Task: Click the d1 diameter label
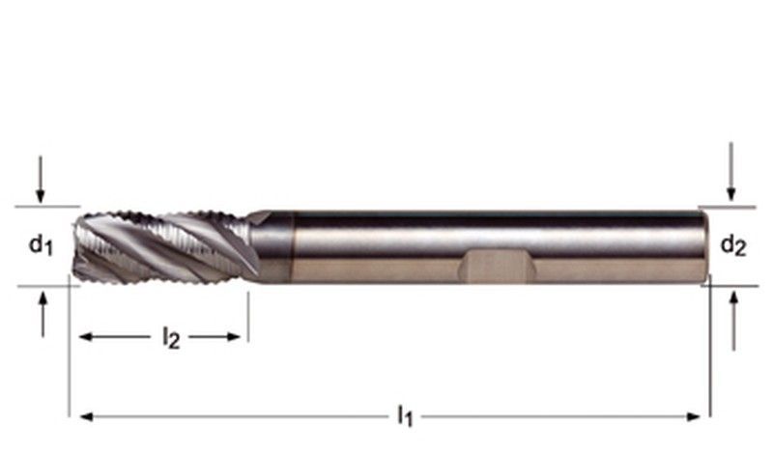click(41, 244)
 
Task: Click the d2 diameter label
click(733, 244)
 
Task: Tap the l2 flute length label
click(171, 339)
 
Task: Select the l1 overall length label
click(405, 416)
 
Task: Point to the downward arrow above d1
click(41, 180)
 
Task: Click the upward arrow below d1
click(43, 315)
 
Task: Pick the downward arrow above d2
click(731, 172)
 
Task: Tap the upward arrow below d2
click(734, 321)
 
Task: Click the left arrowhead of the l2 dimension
click(86, 337)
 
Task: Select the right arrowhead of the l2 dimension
click(233, 337)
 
